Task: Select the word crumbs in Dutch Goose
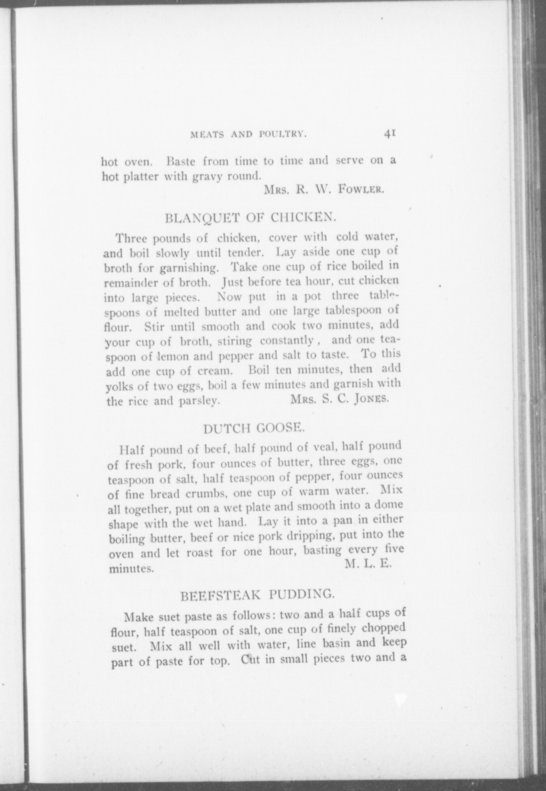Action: [x=206, y=493]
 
